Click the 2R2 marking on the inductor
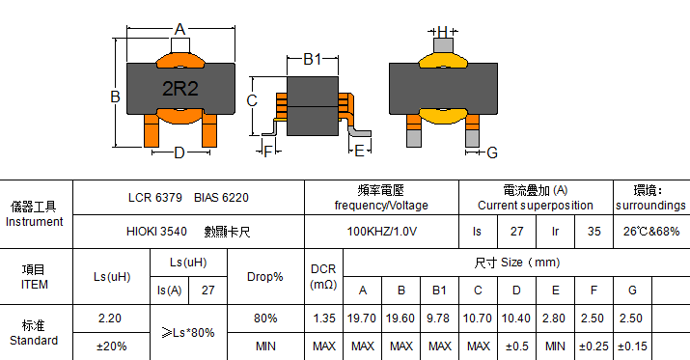click(x=180, y=89)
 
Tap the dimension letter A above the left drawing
click(x=179, y=30)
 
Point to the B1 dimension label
click(x=313, y=59)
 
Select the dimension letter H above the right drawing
click(x=443, y=31)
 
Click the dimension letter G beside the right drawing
click(x=492, y=152)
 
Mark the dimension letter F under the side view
click(x=267, y=152)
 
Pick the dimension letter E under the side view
click(x=360, y=151)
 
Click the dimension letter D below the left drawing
click(x=179, y=152)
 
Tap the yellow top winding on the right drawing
click(x=442, y=60)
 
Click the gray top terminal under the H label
click(x=443, y=45)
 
